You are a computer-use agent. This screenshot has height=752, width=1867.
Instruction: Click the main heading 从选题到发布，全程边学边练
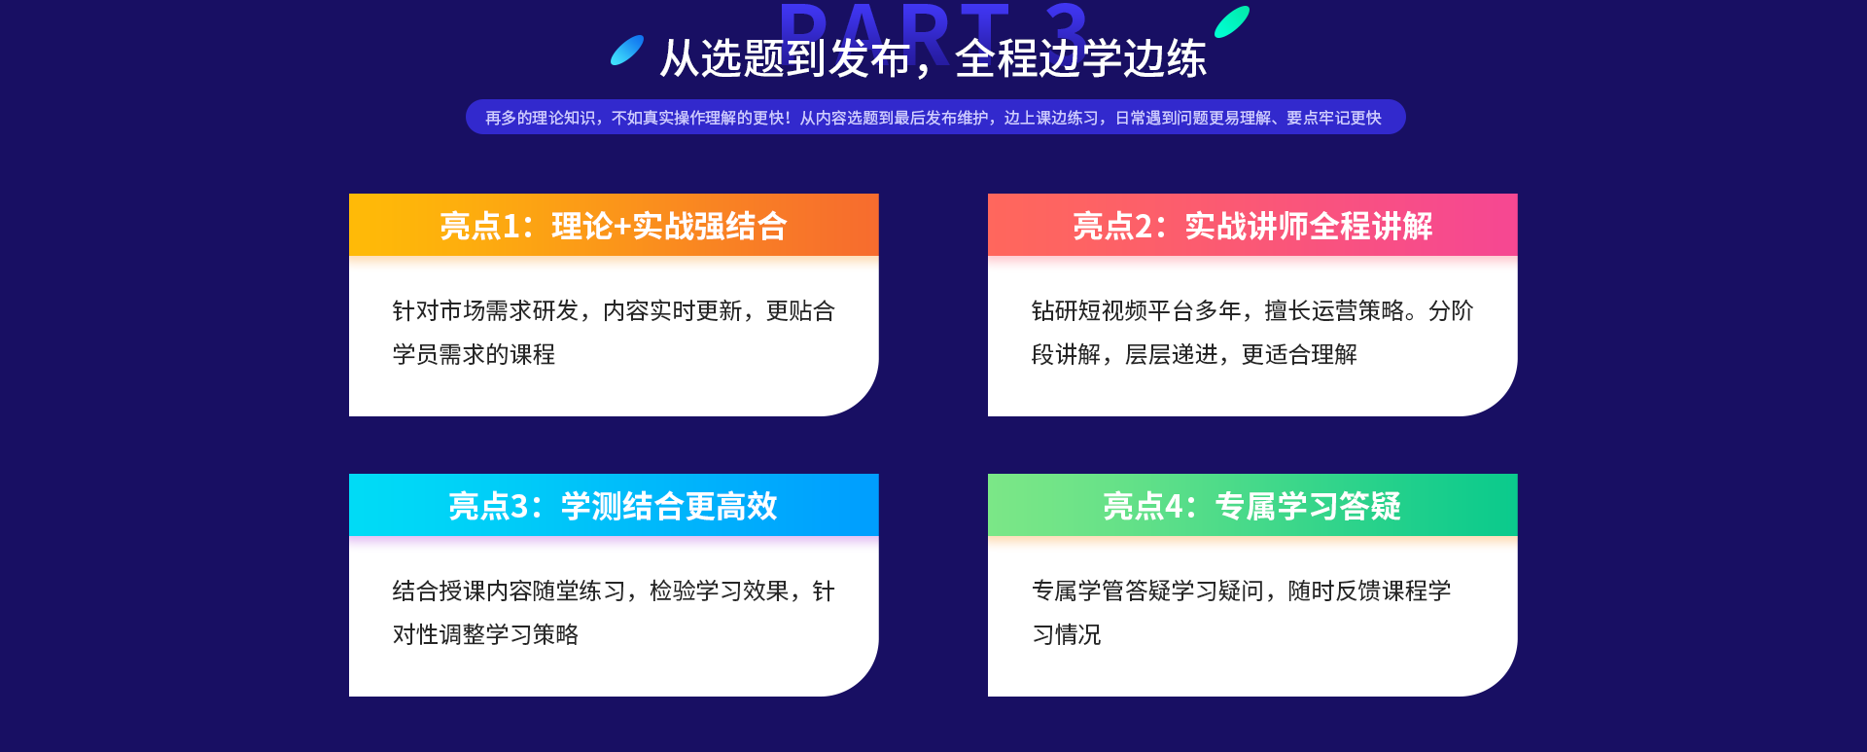[x=933, y=58]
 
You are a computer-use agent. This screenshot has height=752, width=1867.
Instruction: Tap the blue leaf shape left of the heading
[x=627, y=50]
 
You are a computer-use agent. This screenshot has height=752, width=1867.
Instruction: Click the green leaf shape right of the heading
[x=1232, y=21]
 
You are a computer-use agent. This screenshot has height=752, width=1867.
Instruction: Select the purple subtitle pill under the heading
[x=935, y=117]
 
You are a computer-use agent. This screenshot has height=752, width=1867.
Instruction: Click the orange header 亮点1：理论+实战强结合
[x=614, y=225]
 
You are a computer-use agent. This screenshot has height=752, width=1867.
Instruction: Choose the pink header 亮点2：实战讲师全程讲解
[x=1252, y=225]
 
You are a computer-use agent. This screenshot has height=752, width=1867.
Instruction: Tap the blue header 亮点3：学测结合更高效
[x=614, y=505]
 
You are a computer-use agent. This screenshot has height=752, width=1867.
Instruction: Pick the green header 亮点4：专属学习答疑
[x=1252, y=505]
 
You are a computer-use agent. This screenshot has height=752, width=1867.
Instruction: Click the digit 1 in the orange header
[x=511, y=226]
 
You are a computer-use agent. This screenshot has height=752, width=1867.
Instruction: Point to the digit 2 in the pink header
[x=1144, y=226]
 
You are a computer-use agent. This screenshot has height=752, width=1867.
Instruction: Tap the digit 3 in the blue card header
[x=519, y=506]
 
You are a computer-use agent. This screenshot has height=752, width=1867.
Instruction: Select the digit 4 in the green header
[x=1174, y=506]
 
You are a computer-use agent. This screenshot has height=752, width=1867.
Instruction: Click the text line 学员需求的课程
[x=474, y=354]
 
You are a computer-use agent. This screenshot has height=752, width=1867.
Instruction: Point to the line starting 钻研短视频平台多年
[x=1252, y=310]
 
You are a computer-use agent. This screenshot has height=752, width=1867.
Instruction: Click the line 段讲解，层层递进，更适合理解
[x=1194, y=354]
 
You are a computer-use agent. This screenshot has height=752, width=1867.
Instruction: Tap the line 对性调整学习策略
[x=485, y=634]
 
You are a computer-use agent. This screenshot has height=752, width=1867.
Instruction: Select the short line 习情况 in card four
[x=1067, y=634]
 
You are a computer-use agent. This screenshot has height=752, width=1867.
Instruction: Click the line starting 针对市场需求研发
[x=614, y=310]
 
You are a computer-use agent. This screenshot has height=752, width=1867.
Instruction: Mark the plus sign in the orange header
[x=622, y=227]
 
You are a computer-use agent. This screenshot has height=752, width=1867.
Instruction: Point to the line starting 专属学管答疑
[x=1241, y=591]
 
